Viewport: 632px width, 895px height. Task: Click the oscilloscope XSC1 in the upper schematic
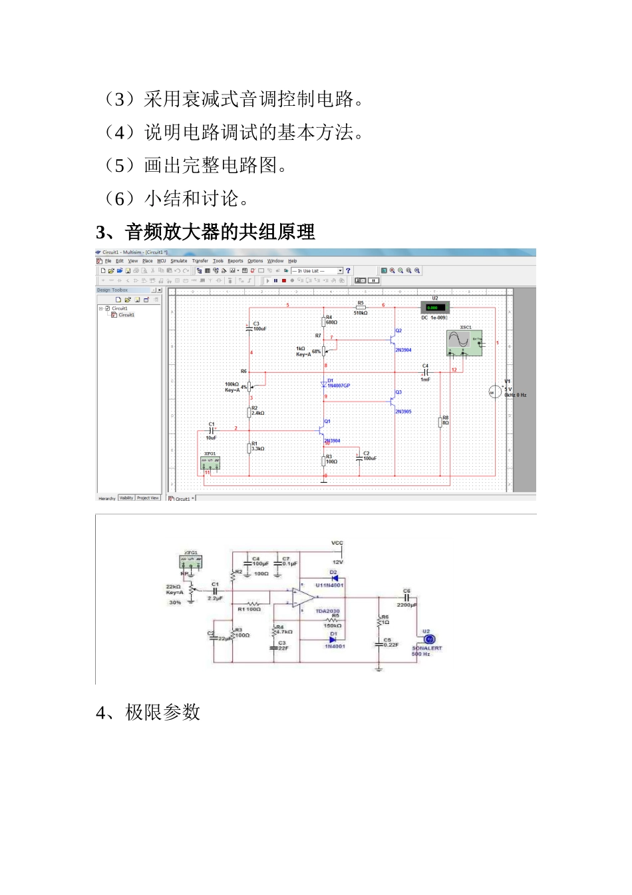[x=464, y=342]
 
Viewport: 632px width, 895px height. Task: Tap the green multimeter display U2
[x=436, y=308]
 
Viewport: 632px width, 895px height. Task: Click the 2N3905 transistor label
[x=403, y=412]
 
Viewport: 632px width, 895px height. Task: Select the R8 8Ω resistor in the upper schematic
[x=440, y=421]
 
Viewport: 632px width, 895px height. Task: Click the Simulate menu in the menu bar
[x=179, y=261]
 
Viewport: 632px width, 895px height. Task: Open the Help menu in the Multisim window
[x=292, y=261]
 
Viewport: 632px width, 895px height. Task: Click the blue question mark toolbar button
[x=348, y=271]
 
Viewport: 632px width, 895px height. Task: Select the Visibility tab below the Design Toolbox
[x=126, y=497]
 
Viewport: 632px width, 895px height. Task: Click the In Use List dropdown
[x=317, y=271]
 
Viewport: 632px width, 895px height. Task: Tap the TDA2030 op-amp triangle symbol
[x=303, y=597]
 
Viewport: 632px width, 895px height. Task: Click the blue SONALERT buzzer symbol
[x=429, y=639]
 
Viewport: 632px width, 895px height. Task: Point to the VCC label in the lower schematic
[x=337, y=543]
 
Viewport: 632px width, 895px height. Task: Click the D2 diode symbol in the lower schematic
[x=334, y=578]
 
